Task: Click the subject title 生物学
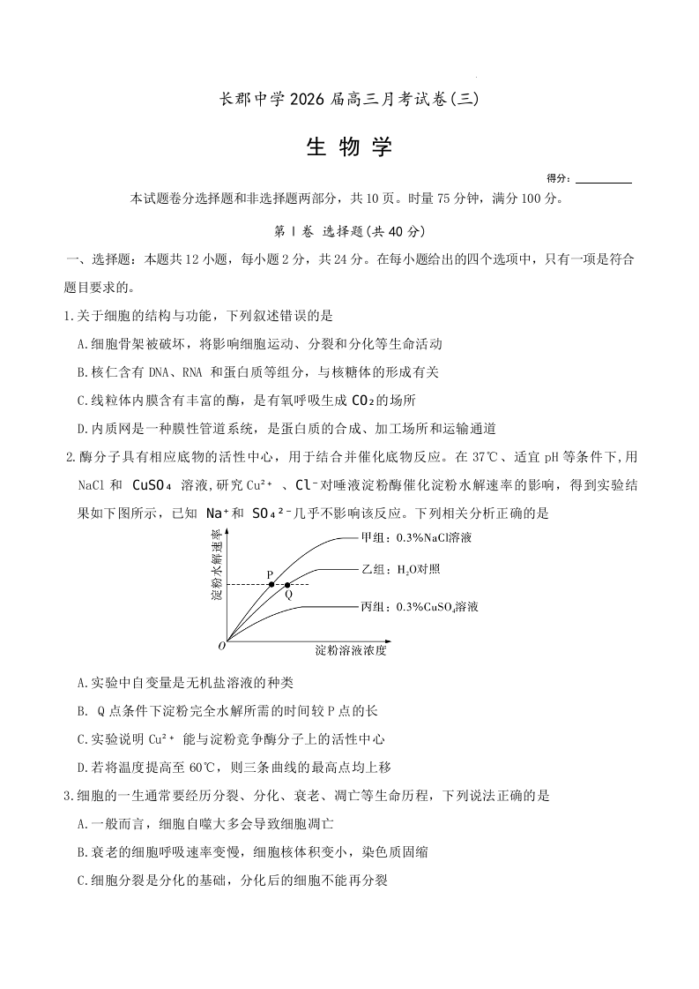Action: click(349, 147)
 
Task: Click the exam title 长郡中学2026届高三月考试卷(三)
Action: click(349, 100)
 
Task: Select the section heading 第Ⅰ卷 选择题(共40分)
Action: click(350, 231)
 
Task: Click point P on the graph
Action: click(271, 584)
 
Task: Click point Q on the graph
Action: click(287, 584)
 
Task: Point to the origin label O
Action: click(221, 647)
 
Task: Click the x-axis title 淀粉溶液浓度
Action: click(350, 651)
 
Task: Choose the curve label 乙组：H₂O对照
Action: click(399, 570)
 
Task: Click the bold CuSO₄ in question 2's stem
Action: click(156, 484)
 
